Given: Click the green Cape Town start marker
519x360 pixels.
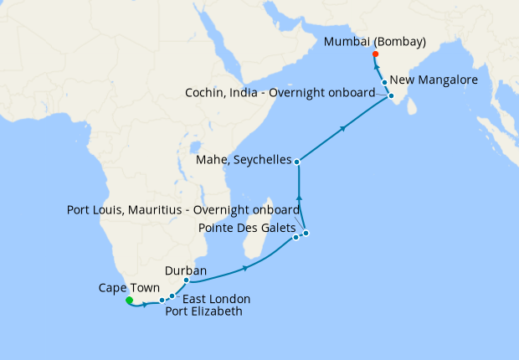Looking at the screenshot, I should point(128,300).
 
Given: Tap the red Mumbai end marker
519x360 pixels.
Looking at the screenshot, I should point(375,54).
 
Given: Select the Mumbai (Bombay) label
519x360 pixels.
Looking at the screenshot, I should point(375,41).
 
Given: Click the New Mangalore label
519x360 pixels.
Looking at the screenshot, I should point(434,80).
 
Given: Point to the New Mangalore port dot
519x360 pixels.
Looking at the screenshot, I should point(384,82).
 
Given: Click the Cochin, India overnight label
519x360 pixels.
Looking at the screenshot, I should point(280,93).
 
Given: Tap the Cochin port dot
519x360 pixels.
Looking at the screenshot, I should point(391,96).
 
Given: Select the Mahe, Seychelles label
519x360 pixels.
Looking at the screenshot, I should point(242,159).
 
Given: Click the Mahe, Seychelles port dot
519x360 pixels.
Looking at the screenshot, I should point(297,159).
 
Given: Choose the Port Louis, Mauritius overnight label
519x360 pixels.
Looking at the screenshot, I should point(183,209).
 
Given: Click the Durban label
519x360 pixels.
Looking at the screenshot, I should point(185,270).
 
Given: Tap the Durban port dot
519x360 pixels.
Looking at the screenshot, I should point(186,280).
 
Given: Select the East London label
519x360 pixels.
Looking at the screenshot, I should point(216,299).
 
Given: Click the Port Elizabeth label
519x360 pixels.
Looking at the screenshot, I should point(203,312).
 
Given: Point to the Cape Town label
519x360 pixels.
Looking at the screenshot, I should point(122,286).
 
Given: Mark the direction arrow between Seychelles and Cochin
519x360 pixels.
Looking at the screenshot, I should point(343,128).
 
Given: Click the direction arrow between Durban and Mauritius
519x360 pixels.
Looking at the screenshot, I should point(245,268).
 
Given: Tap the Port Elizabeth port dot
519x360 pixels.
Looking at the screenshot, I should point(162,301).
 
